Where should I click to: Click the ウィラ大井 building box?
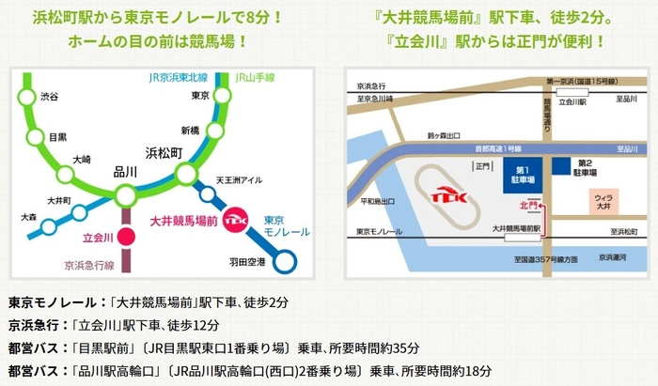click(x=603, y=202)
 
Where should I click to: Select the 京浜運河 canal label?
click(x=618, y=256)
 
